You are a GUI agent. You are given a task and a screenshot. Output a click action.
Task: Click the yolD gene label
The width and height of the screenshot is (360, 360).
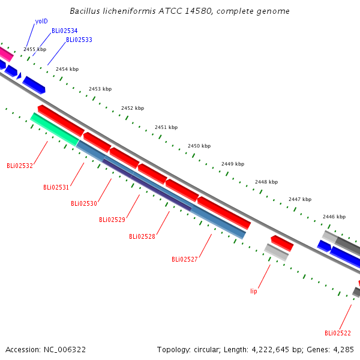pyautogui.click(x=41, y=22)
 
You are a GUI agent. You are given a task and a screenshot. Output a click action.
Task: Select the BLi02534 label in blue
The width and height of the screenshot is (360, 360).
pyautogui.click(x=65, y=31)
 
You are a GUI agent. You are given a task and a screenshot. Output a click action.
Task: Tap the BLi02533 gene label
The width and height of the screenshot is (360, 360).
pyautogui.click(x=79, y=40)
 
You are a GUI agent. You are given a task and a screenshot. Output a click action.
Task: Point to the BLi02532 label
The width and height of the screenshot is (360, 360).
pyautogui.click(x=20, y=166)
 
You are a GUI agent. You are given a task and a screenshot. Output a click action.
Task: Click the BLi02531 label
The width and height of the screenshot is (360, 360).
pyautogui.click(x=56, y=187)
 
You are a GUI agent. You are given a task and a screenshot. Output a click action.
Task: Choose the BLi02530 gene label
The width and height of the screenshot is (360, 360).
pyautogui.click(x=84, y=203)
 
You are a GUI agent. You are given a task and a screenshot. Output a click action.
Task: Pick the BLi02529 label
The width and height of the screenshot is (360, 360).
pyautogui.click(x=112, y=220)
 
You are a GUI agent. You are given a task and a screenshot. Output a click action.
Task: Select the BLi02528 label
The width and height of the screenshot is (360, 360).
pyautogui.click(x=142, y=236)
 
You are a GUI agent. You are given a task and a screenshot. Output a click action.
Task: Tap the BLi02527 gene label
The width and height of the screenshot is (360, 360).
pyautogui.click(x=185, y=259)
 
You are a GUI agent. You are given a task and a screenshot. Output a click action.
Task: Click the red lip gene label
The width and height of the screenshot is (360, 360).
pyautogui.click(x=254, y=291)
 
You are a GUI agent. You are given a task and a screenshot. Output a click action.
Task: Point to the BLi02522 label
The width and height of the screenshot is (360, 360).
pyautogui.click(x=338, y=333)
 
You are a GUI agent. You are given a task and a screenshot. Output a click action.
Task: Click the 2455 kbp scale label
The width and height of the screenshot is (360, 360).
pyautogui.click(x=35, y=49)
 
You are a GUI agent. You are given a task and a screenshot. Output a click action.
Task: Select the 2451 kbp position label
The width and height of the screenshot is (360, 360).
pyautogui.click(x=166, y=127)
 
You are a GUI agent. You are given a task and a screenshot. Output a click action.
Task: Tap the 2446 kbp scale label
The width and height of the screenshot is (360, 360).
pyautogui.click(x=334, y=217)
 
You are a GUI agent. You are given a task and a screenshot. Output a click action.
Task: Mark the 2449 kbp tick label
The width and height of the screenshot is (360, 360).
pyautogui.click(x=233, y=164)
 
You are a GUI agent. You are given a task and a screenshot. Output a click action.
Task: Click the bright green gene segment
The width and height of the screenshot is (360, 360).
pyautogui.click(x=55, y=129)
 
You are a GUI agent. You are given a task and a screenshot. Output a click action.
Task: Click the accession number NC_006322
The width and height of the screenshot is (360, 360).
pyautogui.click(x=65, y=350)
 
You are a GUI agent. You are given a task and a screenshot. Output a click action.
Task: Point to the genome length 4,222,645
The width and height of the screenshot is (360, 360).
pyautogui.click(x=270, y=350)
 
